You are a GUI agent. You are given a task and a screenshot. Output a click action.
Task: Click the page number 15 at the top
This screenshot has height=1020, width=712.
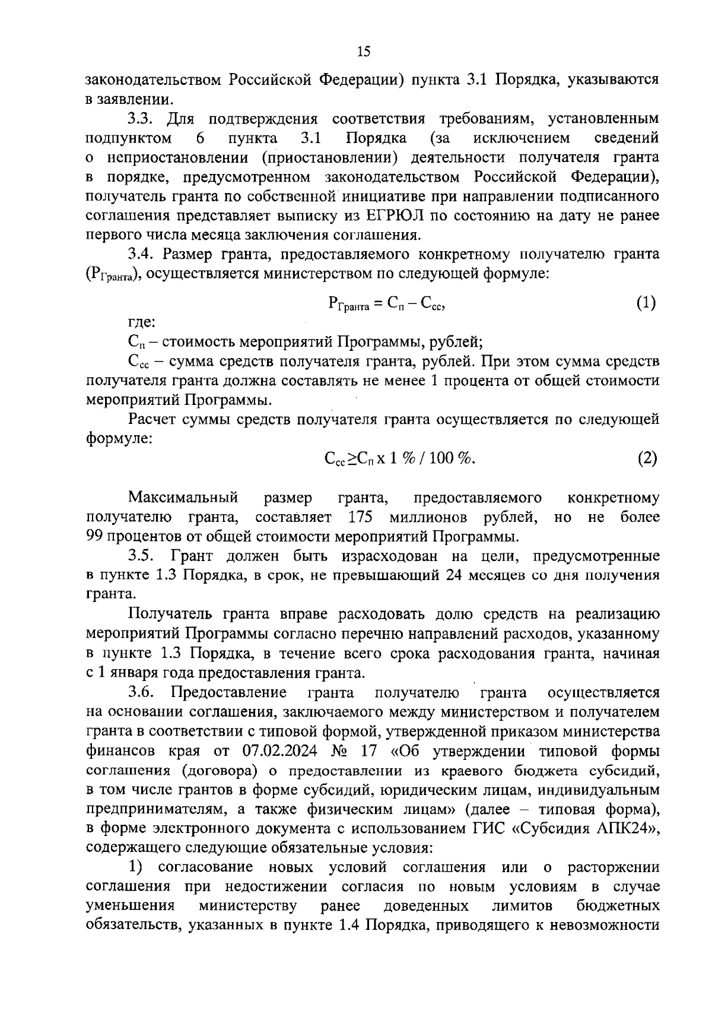tap(364, 52)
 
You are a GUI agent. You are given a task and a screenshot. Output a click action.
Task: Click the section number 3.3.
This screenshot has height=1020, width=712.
tap(140, 119)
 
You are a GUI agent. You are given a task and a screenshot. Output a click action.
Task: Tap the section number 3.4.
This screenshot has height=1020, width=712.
tap(140, 255)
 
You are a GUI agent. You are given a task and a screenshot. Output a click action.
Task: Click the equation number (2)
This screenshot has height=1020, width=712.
tap(647, 458)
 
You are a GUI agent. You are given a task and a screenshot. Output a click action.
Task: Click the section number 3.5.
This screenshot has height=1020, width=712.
tap(141, 556)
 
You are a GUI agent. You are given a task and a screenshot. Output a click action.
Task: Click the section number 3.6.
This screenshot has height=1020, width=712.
tap(141, 692)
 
